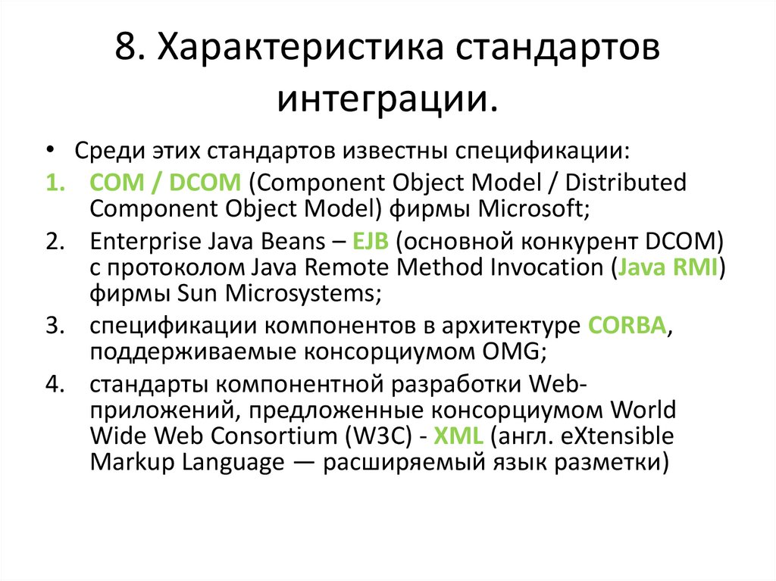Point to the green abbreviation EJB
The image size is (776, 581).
371,242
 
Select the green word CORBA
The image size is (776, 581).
628,326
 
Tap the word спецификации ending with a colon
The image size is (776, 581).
541,148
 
